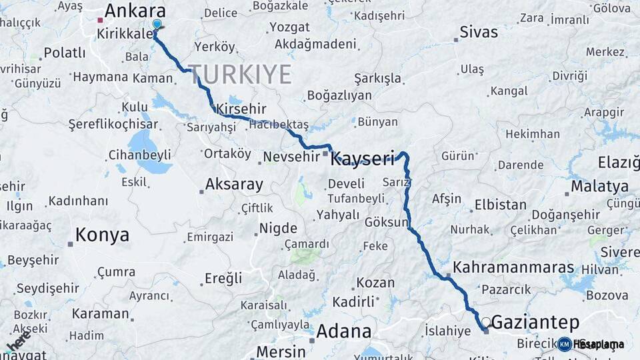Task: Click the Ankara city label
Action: (135, 11)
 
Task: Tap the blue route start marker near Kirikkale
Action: (157, 25)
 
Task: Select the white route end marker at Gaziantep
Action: (486, 322)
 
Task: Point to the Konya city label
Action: (102, 235)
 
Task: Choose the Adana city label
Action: (343, 331)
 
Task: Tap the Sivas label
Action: (479, 32)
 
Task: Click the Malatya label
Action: (599, 186)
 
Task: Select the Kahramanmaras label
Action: (513, 267)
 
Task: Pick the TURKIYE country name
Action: (239, 74)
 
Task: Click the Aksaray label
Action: (234, 184)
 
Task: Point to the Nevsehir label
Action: (291, 157)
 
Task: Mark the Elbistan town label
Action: (500, 205)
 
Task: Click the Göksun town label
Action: (386, 222)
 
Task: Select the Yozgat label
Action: (289, 27)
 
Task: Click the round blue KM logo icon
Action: (564, 344)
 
